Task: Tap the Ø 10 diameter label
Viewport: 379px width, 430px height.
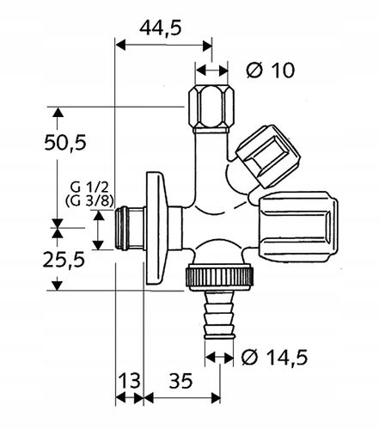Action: click(267, 71)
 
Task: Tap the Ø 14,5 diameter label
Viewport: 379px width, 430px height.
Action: click(275, 355)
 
